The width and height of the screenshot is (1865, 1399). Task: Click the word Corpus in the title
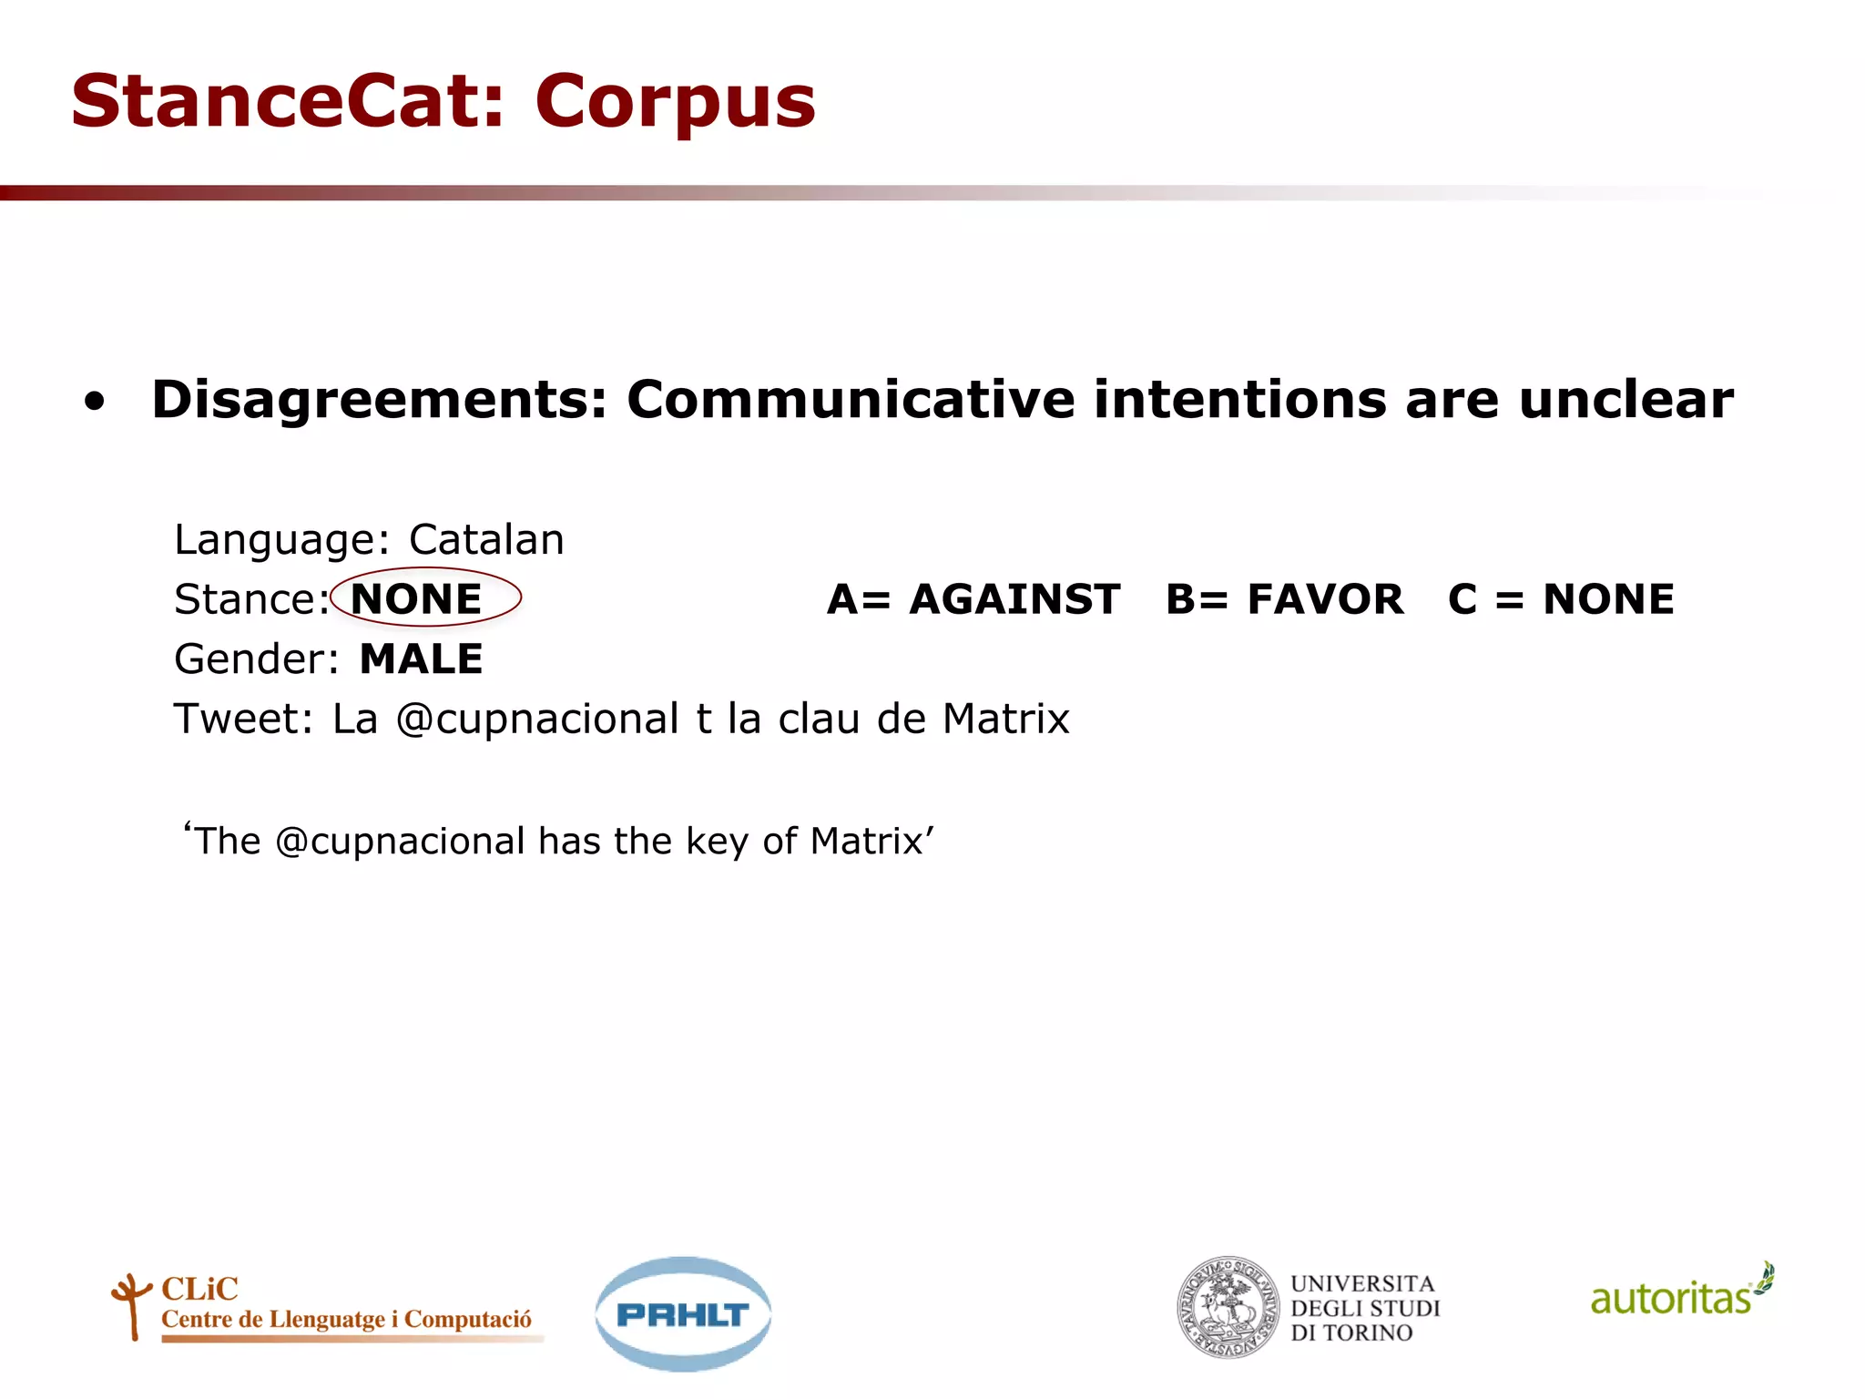pos(675,102)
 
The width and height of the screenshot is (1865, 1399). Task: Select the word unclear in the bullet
pos(1626,400)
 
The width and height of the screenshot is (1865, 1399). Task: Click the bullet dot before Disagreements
pos(95,403)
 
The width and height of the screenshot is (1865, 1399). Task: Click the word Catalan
pos(486,539)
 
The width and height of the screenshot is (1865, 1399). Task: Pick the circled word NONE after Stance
pos(416,599)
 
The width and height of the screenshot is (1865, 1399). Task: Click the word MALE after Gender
pos(421,659)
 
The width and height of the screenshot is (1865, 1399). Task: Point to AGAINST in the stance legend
pos(1014,599)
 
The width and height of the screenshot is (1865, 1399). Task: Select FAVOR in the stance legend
pos(1325,599)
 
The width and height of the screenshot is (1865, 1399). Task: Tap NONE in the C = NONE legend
pos(1608,599)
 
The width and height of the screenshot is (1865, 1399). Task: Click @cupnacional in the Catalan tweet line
pos(537,720)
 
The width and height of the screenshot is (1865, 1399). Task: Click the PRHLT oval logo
pos(683,1313)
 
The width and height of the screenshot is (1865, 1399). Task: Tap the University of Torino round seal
pos(1227,1308)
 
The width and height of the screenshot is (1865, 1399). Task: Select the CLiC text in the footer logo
pos(199,1289)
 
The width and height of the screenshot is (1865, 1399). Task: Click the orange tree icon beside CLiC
pos(131,1305)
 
